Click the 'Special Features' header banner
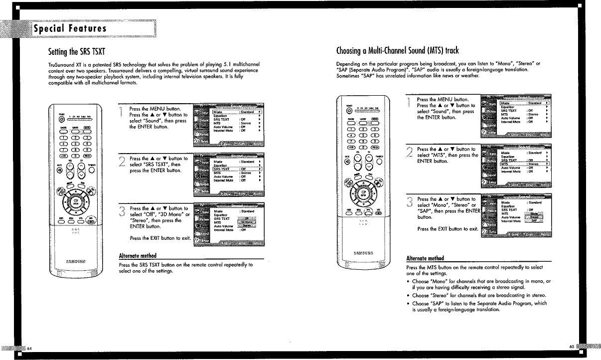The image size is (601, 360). click(70, 28)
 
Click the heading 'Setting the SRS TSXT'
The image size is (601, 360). click(76, 51)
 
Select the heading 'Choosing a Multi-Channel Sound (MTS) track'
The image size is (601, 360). click(397, 51)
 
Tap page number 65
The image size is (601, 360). click(572, 346)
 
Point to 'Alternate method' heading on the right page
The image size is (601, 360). click(426, 258)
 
